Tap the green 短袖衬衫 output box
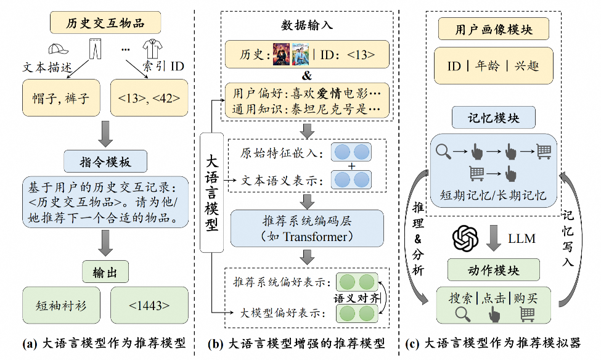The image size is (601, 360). (x=61, y=305)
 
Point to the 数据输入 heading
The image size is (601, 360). (x=306, y=25)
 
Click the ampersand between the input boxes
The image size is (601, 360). (x=306, y=75)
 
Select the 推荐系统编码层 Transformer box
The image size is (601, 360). (x=306, y=228)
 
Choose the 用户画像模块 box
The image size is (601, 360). (x=493, y=29)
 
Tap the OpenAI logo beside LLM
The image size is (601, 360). (x=465, y=239)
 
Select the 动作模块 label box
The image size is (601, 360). (x=493, y=270)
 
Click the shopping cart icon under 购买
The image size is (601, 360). (x=526, y=314)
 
